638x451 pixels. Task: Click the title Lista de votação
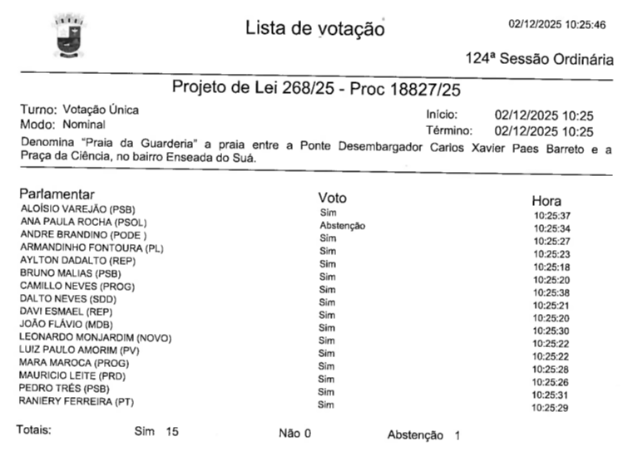click(x=314, y=28)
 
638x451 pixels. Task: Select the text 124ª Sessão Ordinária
click(x=539, y=60)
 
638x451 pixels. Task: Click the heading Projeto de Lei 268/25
click(x=315, y=88)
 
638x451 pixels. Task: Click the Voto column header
click(x=332, y=198)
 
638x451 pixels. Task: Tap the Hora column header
click(x=547, y=201)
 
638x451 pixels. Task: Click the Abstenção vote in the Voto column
click(x=342, y=226)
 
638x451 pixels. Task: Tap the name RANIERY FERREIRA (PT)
click(x=77, y=402)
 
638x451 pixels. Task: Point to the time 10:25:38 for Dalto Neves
click(x=551, y=292)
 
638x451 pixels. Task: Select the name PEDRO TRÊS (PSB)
click(x=64, y=389)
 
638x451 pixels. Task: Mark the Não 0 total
click(x=295, y=434)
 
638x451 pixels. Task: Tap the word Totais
click(x=34, y=430)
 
